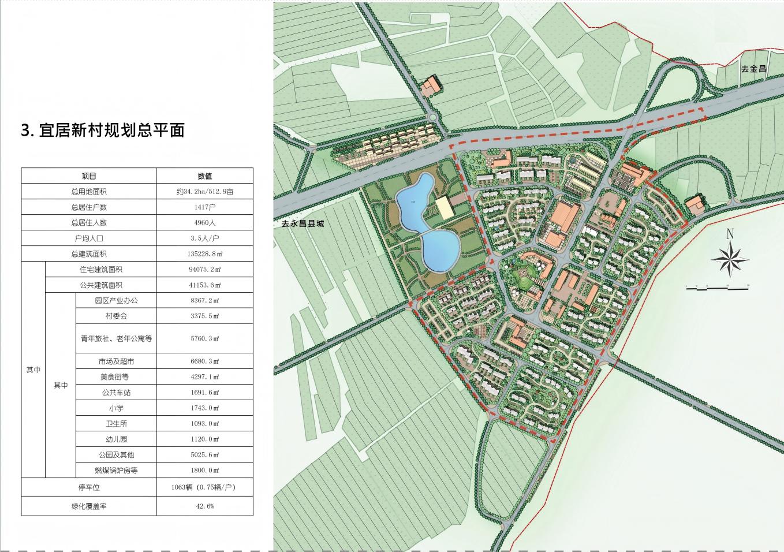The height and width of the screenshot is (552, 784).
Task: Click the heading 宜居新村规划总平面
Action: click(x=103, y=130)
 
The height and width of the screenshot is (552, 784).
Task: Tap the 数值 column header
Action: click(x=204, y=176)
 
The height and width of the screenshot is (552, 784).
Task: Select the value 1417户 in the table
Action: click(x=204, y=207)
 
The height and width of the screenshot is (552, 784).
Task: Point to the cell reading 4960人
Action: click(x=204, y=223)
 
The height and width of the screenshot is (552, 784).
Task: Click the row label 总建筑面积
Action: click(x=89, y=254)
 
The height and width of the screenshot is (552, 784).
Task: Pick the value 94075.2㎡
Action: click(x=204, y=270)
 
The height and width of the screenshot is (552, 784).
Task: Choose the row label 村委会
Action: click(x=116, y=316)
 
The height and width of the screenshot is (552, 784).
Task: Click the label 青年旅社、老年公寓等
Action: click(x=116, y=339)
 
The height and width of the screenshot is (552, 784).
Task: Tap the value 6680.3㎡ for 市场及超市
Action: click(x=204, y=361)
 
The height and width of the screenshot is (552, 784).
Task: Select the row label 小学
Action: click(x=116, y=408)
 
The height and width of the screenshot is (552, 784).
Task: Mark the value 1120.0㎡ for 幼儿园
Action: click(x=204, y=439)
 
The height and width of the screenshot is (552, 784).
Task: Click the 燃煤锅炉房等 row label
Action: click(x=116, y=471)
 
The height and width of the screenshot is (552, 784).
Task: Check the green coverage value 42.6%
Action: click(x=204, y=506)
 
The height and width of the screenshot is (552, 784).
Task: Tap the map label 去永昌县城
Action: click(x=300, y=223)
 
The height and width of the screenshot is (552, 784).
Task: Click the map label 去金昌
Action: click(x=753, y=69)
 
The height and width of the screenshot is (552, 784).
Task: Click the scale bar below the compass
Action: click(x=715, y=286)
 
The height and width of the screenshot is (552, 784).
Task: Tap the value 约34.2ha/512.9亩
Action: click(x=204, y=192)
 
